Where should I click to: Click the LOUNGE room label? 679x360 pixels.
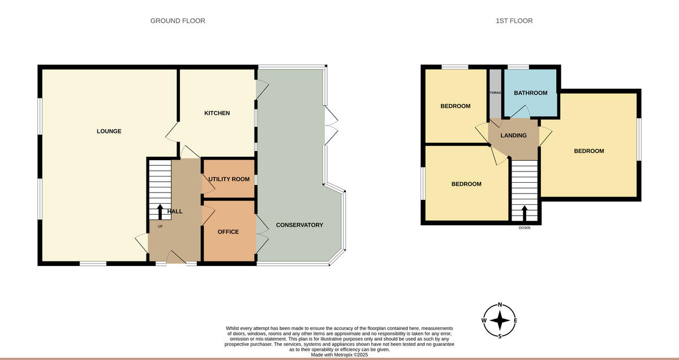pos(109,131)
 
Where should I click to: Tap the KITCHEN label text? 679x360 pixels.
pos(217,113)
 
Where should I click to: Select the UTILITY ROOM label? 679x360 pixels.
pos(229,179)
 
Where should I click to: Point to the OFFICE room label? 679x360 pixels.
pos(228,232)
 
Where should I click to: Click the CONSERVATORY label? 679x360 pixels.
pos(299,225)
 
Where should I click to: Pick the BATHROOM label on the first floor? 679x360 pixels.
pos(530,93)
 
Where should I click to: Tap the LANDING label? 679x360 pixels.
pos(514,135)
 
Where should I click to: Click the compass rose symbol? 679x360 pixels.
pos(500,320)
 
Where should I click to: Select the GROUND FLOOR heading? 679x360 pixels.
pos(178,21)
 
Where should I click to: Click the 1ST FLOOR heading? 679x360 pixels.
pos(514,21)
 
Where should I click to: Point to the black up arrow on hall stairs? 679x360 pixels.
pos(160,211)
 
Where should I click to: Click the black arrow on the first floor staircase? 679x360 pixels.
pos(524,213)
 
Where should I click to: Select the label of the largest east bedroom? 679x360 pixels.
pos(589,151)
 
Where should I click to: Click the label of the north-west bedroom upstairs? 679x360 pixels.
pos(455,106)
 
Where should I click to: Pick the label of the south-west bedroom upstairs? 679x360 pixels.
pos(466,184)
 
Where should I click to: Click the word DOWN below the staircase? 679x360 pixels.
pos(525,228)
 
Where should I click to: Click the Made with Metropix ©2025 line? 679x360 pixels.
pos(339,355)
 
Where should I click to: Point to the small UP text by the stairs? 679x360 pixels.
pos(160,226)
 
